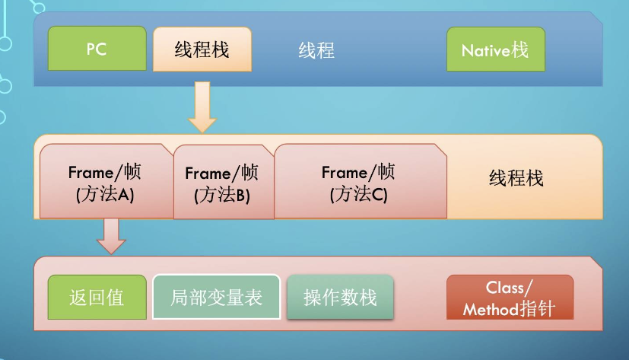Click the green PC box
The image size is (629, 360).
click(97, 49)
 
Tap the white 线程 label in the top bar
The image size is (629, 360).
click(316, 51)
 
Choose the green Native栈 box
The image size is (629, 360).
click(495, 50)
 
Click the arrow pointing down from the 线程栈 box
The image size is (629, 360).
click(202, 106)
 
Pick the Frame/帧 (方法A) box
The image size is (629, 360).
click(106, 181)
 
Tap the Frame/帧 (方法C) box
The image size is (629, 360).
click(359, 181)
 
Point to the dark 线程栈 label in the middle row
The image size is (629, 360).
click(516, 180)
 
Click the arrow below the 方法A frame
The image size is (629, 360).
click(111, 236)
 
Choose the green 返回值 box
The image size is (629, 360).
click(97, 297)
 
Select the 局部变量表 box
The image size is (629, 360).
click(217, 297)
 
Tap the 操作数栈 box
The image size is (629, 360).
click(340, 297)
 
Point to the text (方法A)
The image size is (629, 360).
click(105, 194)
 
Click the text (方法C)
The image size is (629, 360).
click(358, 194)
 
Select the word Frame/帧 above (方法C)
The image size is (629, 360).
click(358, 172)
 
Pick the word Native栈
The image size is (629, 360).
click(495, 51)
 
